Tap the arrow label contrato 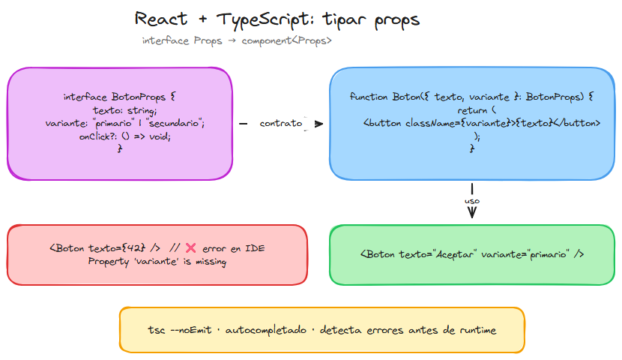click(x=281, y=123)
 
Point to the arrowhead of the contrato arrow click(x=320, y=124)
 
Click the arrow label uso click(x=472, y=201)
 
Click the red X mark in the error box click(x=190, y=248)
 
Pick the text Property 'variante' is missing click(x=157, y=262)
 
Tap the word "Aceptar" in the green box click(x=458, y=254)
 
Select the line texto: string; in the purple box click(x=120, y=110)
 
